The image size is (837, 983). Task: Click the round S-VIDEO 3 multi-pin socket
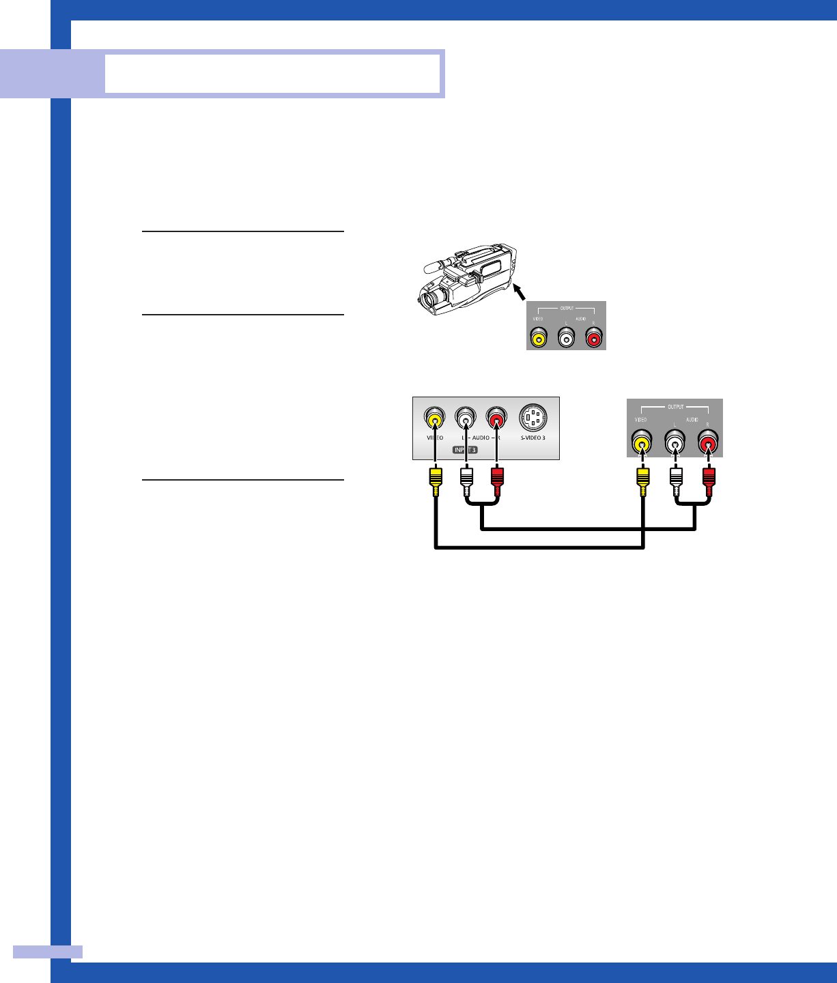533,418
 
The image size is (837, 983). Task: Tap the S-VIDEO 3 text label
533,438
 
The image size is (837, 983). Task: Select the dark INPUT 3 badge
465,450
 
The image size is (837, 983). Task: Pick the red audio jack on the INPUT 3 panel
496,417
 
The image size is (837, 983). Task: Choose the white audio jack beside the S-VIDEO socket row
466,417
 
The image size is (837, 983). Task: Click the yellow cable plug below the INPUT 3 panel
435,481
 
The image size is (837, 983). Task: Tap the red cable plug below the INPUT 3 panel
497,481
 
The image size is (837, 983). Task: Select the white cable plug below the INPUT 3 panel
466,481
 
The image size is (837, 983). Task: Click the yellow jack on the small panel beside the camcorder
539,337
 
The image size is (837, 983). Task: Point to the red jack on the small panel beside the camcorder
594,337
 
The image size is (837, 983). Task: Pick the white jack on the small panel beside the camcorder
566,337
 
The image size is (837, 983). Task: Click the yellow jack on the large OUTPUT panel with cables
641,444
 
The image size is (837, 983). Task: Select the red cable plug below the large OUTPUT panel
709,481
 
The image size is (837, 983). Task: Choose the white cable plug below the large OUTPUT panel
675,481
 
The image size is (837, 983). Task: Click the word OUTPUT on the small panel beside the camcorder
567,309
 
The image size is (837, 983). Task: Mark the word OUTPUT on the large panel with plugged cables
675,407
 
